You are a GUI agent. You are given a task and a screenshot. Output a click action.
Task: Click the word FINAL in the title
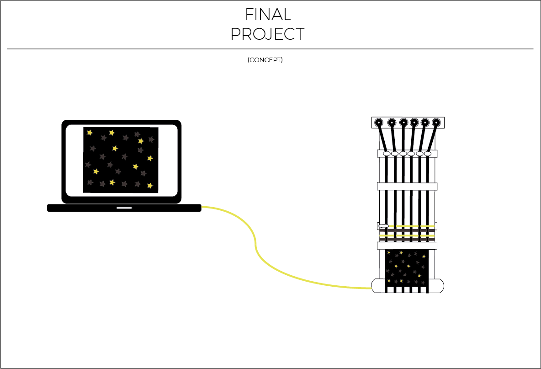coord(268,15)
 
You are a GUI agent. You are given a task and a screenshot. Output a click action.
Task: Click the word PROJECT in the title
coord(267,34)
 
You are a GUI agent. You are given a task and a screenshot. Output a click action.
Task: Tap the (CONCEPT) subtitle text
coord(265,60)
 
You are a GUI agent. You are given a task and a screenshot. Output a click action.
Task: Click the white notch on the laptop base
coord(124,208)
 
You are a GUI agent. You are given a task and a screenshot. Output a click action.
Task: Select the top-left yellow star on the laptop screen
coord(90,133)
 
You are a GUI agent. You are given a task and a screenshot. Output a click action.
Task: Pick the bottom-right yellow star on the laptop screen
coord(150,186)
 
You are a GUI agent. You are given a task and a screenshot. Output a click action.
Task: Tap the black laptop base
coord(124,208)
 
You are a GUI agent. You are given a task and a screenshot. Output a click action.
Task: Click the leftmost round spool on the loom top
coord(379,123)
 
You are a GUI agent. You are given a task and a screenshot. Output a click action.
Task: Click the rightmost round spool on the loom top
coord(436,123)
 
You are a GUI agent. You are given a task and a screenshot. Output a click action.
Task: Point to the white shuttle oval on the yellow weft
coord(384,226)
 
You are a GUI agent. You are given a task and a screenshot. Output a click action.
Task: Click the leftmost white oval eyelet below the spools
coord(387,154)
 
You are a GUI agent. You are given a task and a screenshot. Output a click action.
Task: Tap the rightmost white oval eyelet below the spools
coord(428,154)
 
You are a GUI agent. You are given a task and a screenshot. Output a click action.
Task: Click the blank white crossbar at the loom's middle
coord(407,187)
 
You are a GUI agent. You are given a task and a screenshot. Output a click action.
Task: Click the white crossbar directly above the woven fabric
coord(407,246)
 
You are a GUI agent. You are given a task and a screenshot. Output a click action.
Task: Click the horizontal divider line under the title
coord(270,49)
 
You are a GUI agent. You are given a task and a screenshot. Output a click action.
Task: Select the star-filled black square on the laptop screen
coord(121,160)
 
